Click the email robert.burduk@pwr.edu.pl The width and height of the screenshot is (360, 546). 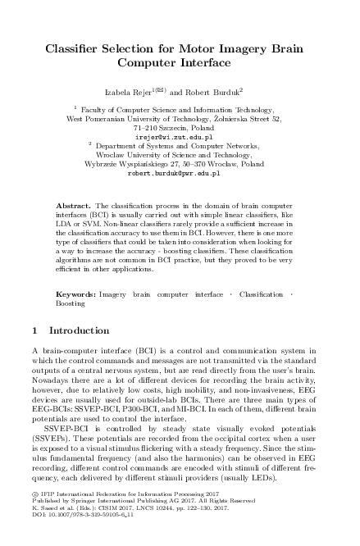180,175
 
